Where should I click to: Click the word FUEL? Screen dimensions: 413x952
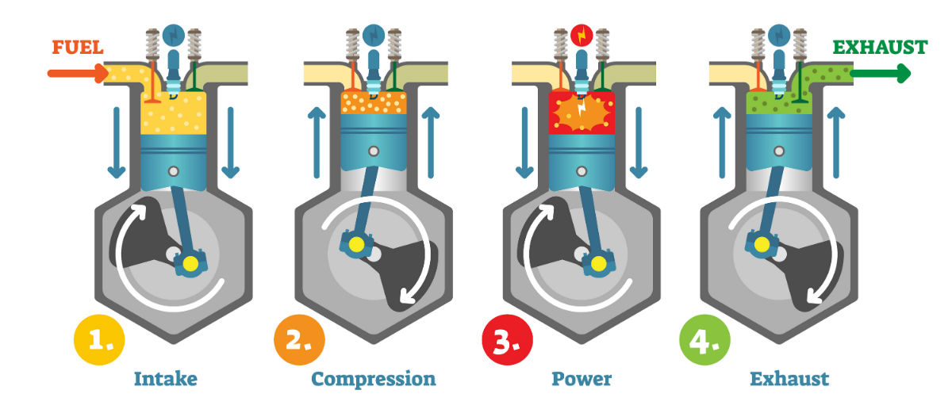[x=77, y=48]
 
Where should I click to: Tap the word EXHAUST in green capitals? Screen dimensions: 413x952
[x=879, y=47]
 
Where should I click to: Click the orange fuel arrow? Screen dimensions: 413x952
[x=76, y=75]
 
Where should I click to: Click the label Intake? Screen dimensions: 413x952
[x=166, y=379]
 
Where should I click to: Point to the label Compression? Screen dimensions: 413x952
[x=373, y=379]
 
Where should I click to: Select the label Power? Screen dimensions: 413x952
[x=582, y=379]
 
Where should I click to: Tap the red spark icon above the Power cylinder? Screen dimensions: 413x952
[x=582, y=36]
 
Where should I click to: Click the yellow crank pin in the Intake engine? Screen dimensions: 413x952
[x=190, y=262]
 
